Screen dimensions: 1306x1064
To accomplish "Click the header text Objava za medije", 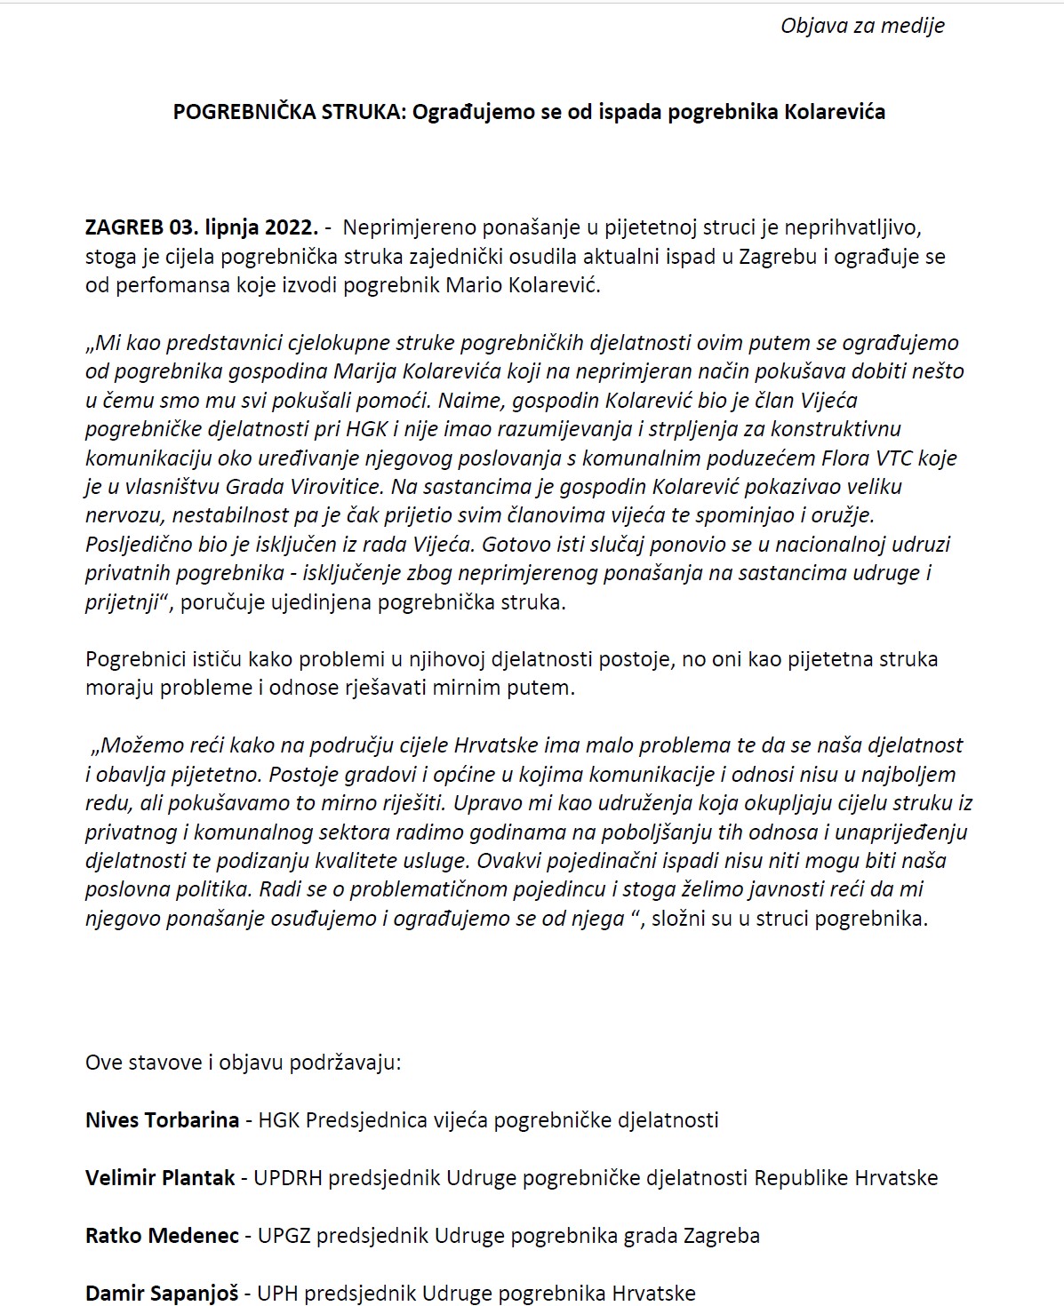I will (x=861, y=26).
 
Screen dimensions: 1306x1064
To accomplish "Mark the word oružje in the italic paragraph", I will (x=845, y=514).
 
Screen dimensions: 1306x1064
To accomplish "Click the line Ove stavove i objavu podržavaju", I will (x=243, y=1063).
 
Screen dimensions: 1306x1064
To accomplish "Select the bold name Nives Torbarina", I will (x=162, y=1120).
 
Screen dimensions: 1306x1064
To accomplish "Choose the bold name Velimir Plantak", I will (x=160, y=1178).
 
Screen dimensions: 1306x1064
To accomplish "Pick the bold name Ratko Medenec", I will (x=162, y=1236).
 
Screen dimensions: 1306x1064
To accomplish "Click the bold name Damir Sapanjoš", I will (x=162, y=1293).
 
